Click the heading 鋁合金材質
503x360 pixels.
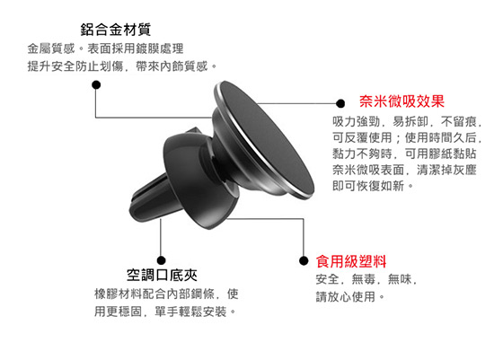pos(116,30)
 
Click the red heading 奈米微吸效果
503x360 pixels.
pos(402,101)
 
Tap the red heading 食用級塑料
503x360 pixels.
pos(351,261)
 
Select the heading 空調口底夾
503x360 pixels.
pos(162,275)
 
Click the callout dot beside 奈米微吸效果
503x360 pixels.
pos(340,103)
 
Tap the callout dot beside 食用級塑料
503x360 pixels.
pos(304,260)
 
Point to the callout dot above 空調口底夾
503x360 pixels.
pos(162,260)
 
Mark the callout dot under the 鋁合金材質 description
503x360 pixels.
pos(96,85)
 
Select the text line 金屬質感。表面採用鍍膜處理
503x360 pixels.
pos(106,48)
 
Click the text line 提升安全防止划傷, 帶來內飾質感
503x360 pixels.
pos(122,66)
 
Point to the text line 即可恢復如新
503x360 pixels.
pos(373,185)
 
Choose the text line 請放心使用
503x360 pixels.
pos(350,296)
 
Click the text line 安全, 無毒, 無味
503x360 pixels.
pos(366,279)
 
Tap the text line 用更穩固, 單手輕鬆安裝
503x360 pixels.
pos(165,311)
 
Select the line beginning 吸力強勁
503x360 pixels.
pos(407,121)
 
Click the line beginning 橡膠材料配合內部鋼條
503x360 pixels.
pos(166,294)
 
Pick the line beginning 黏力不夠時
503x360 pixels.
pos(404,154)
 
